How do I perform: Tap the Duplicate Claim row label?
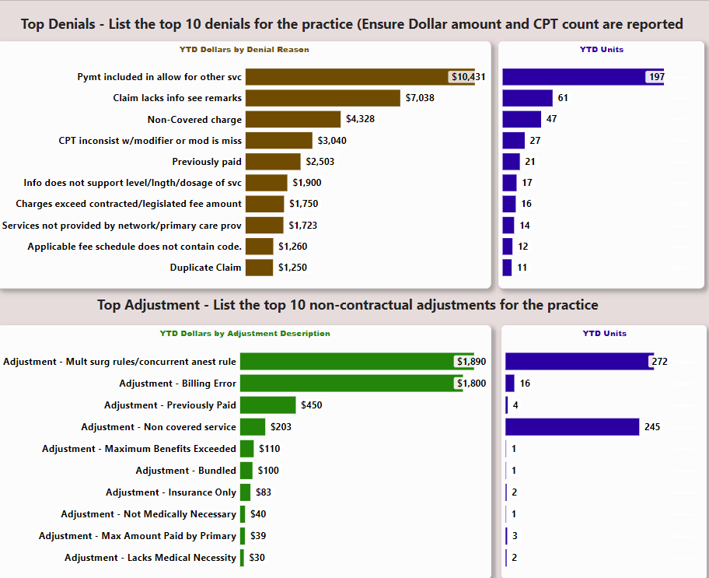click(x=206, y=268)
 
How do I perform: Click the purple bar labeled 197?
click(x=575, y=76)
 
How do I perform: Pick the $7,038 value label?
click(x=420, y=98)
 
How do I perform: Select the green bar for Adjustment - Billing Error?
click(x=350, y=384)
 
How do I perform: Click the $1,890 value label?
click(x=471, y=362)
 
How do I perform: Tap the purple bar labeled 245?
click(x=572, y=427)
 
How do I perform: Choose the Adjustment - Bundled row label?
click(x=186, y=471)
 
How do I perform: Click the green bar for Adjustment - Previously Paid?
click(x=268, y=405)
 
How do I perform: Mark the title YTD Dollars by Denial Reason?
click(x=244, y=50)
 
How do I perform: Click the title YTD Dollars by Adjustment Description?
click(x=245, y=334)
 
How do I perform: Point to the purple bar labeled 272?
click(x=578, y=361)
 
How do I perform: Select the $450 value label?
click(x=312, y=405)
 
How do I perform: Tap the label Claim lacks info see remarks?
click(x=177, y=98)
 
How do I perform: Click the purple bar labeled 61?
click(x=527, y=98)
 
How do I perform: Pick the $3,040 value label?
click(x=332, y=141)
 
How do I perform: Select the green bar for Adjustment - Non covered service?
click(x=253, y=427)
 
